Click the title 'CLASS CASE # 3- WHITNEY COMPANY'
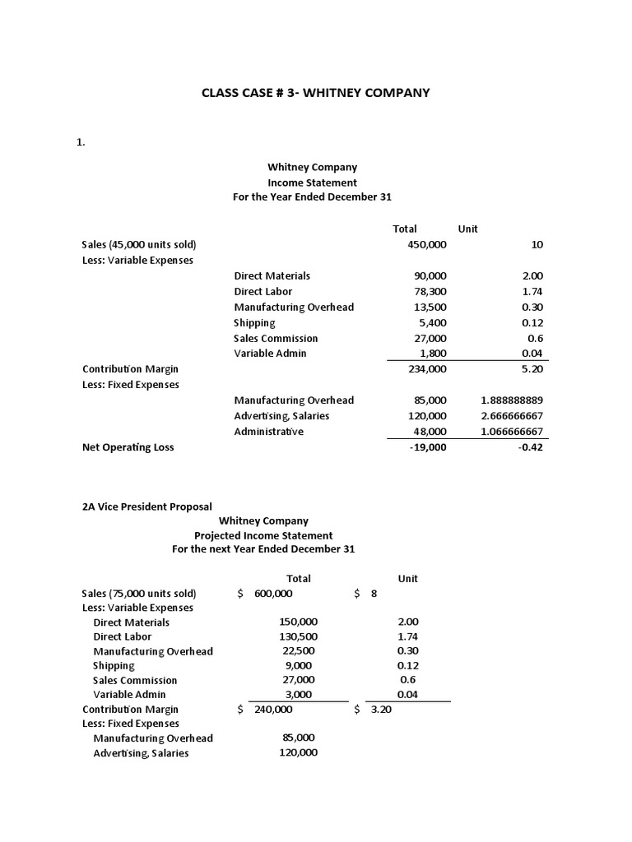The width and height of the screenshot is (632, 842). click(316, 93)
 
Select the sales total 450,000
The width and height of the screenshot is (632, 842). click(427, 244)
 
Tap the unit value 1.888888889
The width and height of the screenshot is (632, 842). click(512, 400)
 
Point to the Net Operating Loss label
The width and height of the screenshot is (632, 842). click(128, 447)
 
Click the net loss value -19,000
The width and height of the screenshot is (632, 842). click(427, 447)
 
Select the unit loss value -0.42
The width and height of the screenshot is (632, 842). click(529, 447)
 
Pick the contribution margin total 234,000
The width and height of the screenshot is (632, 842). click(427, 369)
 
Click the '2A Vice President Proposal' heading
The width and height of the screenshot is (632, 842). click(146, 507)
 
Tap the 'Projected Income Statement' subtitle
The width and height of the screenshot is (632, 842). click(263, 535)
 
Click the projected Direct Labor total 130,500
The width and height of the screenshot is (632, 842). click(298, 636)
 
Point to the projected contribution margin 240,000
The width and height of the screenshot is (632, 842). click(274, 710)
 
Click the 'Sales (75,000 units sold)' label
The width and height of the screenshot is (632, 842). click(139, 594)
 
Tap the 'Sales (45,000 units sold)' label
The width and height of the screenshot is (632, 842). click(139, 244)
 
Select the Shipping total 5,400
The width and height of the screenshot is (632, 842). click(433, 322)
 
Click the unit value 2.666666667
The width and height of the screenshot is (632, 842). click(512, 416)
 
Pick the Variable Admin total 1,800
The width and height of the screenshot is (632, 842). click(433, 354)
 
